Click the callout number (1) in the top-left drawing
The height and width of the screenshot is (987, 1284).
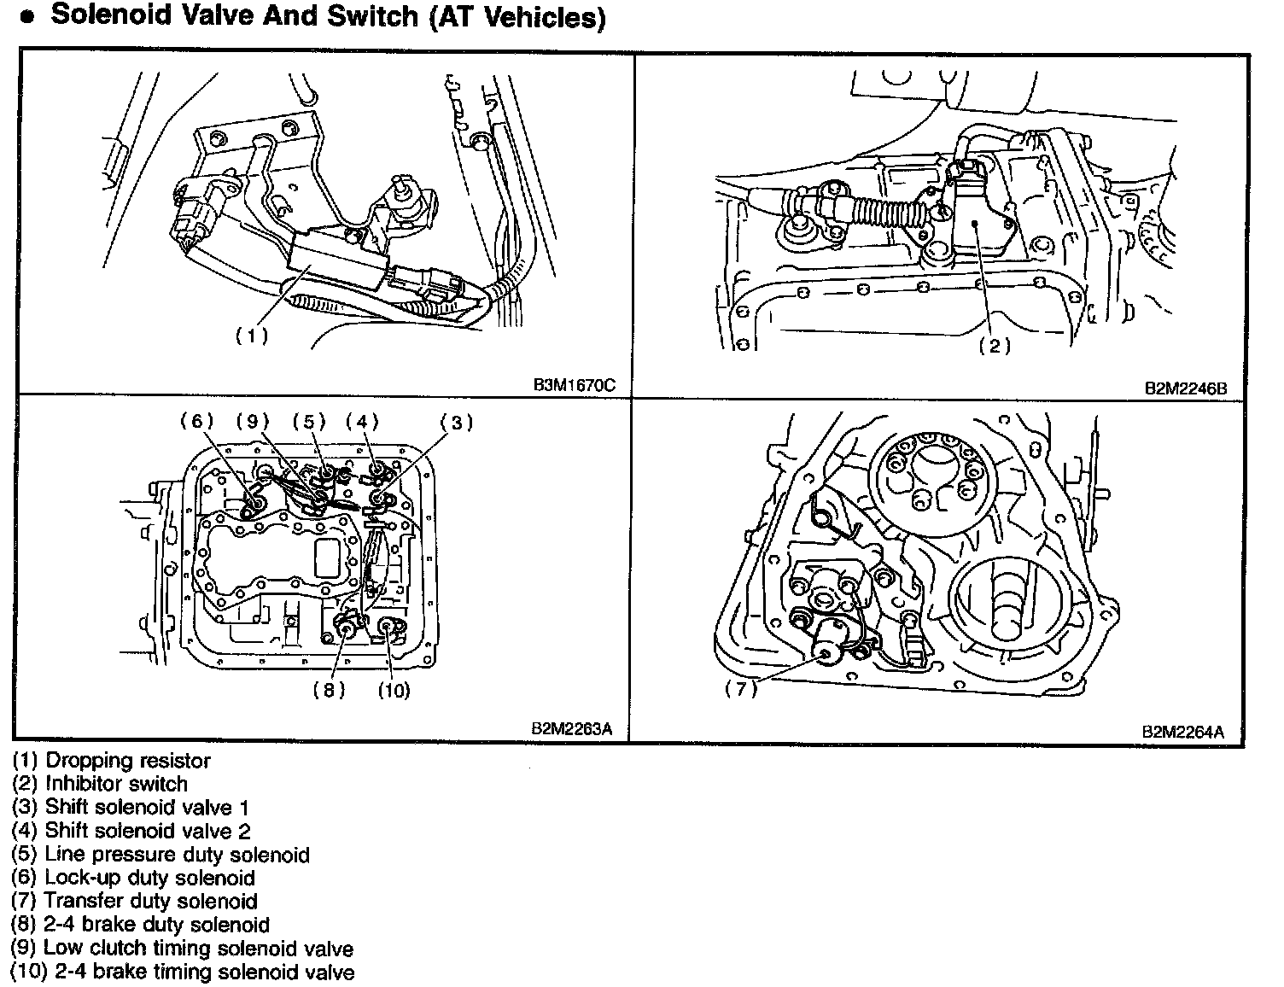(x=252, y=336)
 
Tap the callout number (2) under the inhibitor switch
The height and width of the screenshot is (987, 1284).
(x=995, y=346)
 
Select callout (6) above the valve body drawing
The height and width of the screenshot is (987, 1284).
(x=196, y=421)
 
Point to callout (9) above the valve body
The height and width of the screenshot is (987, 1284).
(x=253, y=421)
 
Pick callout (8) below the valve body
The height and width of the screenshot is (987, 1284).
(x=329, y=690)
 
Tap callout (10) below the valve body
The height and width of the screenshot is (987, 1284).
(x=394, y=690)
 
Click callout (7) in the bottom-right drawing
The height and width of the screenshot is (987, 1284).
(x=741, y=689)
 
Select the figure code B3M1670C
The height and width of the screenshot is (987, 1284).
(x=574, y=385)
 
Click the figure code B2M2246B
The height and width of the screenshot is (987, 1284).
(x=1186, y=387)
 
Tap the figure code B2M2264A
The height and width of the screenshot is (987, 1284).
(x=1183, y=732)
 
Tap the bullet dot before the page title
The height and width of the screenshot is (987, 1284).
(x=28, y=19)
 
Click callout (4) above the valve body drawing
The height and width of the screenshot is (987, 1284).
(x=362, y=421)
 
